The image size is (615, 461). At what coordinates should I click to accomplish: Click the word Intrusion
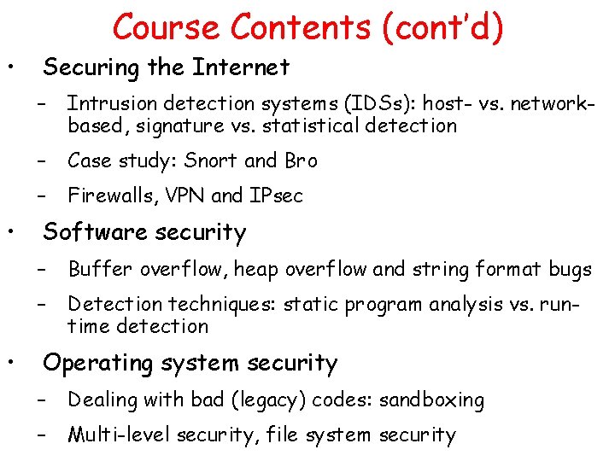(x=107, y=104)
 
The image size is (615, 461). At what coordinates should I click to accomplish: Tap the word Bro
(x=300, y=160)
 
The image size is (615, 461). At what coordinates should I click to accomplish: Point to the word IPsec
(x=275, y=196)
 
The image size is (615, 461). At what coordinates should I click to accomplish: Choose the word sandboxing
(x=432, y=400)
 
